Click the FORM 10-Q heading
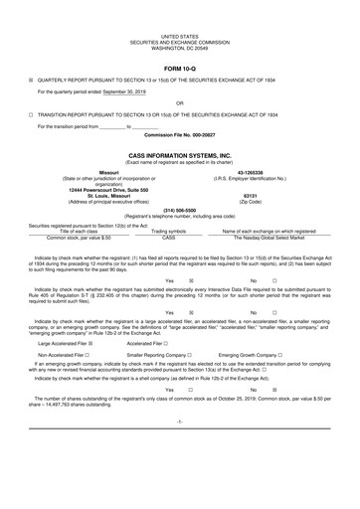pos(179,68)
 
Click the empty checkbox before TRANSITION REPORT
pos(31,114)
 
